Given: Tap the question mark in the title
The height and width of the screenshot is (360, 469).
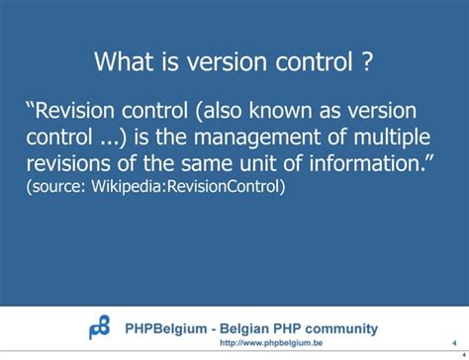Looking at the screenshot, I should tap(367, 63).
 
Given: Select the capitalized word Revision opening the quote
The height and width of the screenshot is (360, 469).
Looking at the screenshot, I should tap(76, 111).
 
